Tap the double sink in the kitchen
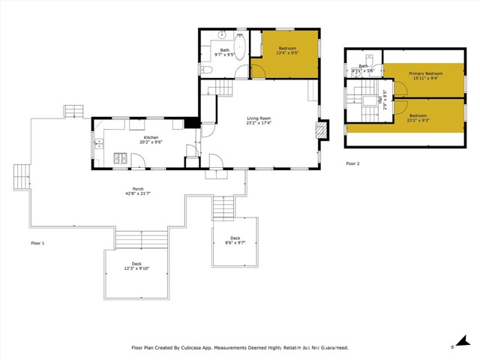(x=98, y=143)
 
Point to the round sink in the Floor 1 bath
(x=222, y=35)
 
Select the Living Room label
(x=259, y=118)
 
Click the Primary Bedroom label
(x=425, y=73)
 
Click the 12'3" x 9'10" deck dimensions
(x=136, y=268)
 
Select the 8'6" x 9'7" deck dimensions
(x=235, y=242)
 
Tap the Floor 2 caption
(x=352, y=163)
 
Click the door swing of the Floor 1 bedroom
(x=256, y=70)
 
